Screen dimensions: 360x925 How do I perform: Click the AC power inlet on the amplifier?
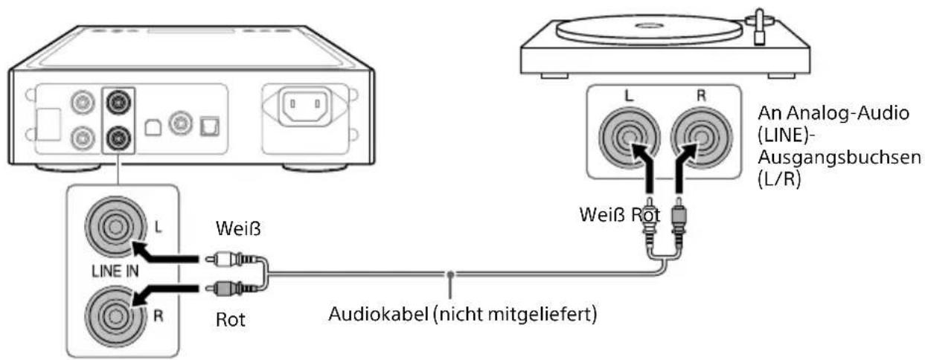click(x=306, y=110)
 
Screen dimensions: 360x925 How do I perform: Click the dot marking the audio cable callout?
click(x=451, y=277)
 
